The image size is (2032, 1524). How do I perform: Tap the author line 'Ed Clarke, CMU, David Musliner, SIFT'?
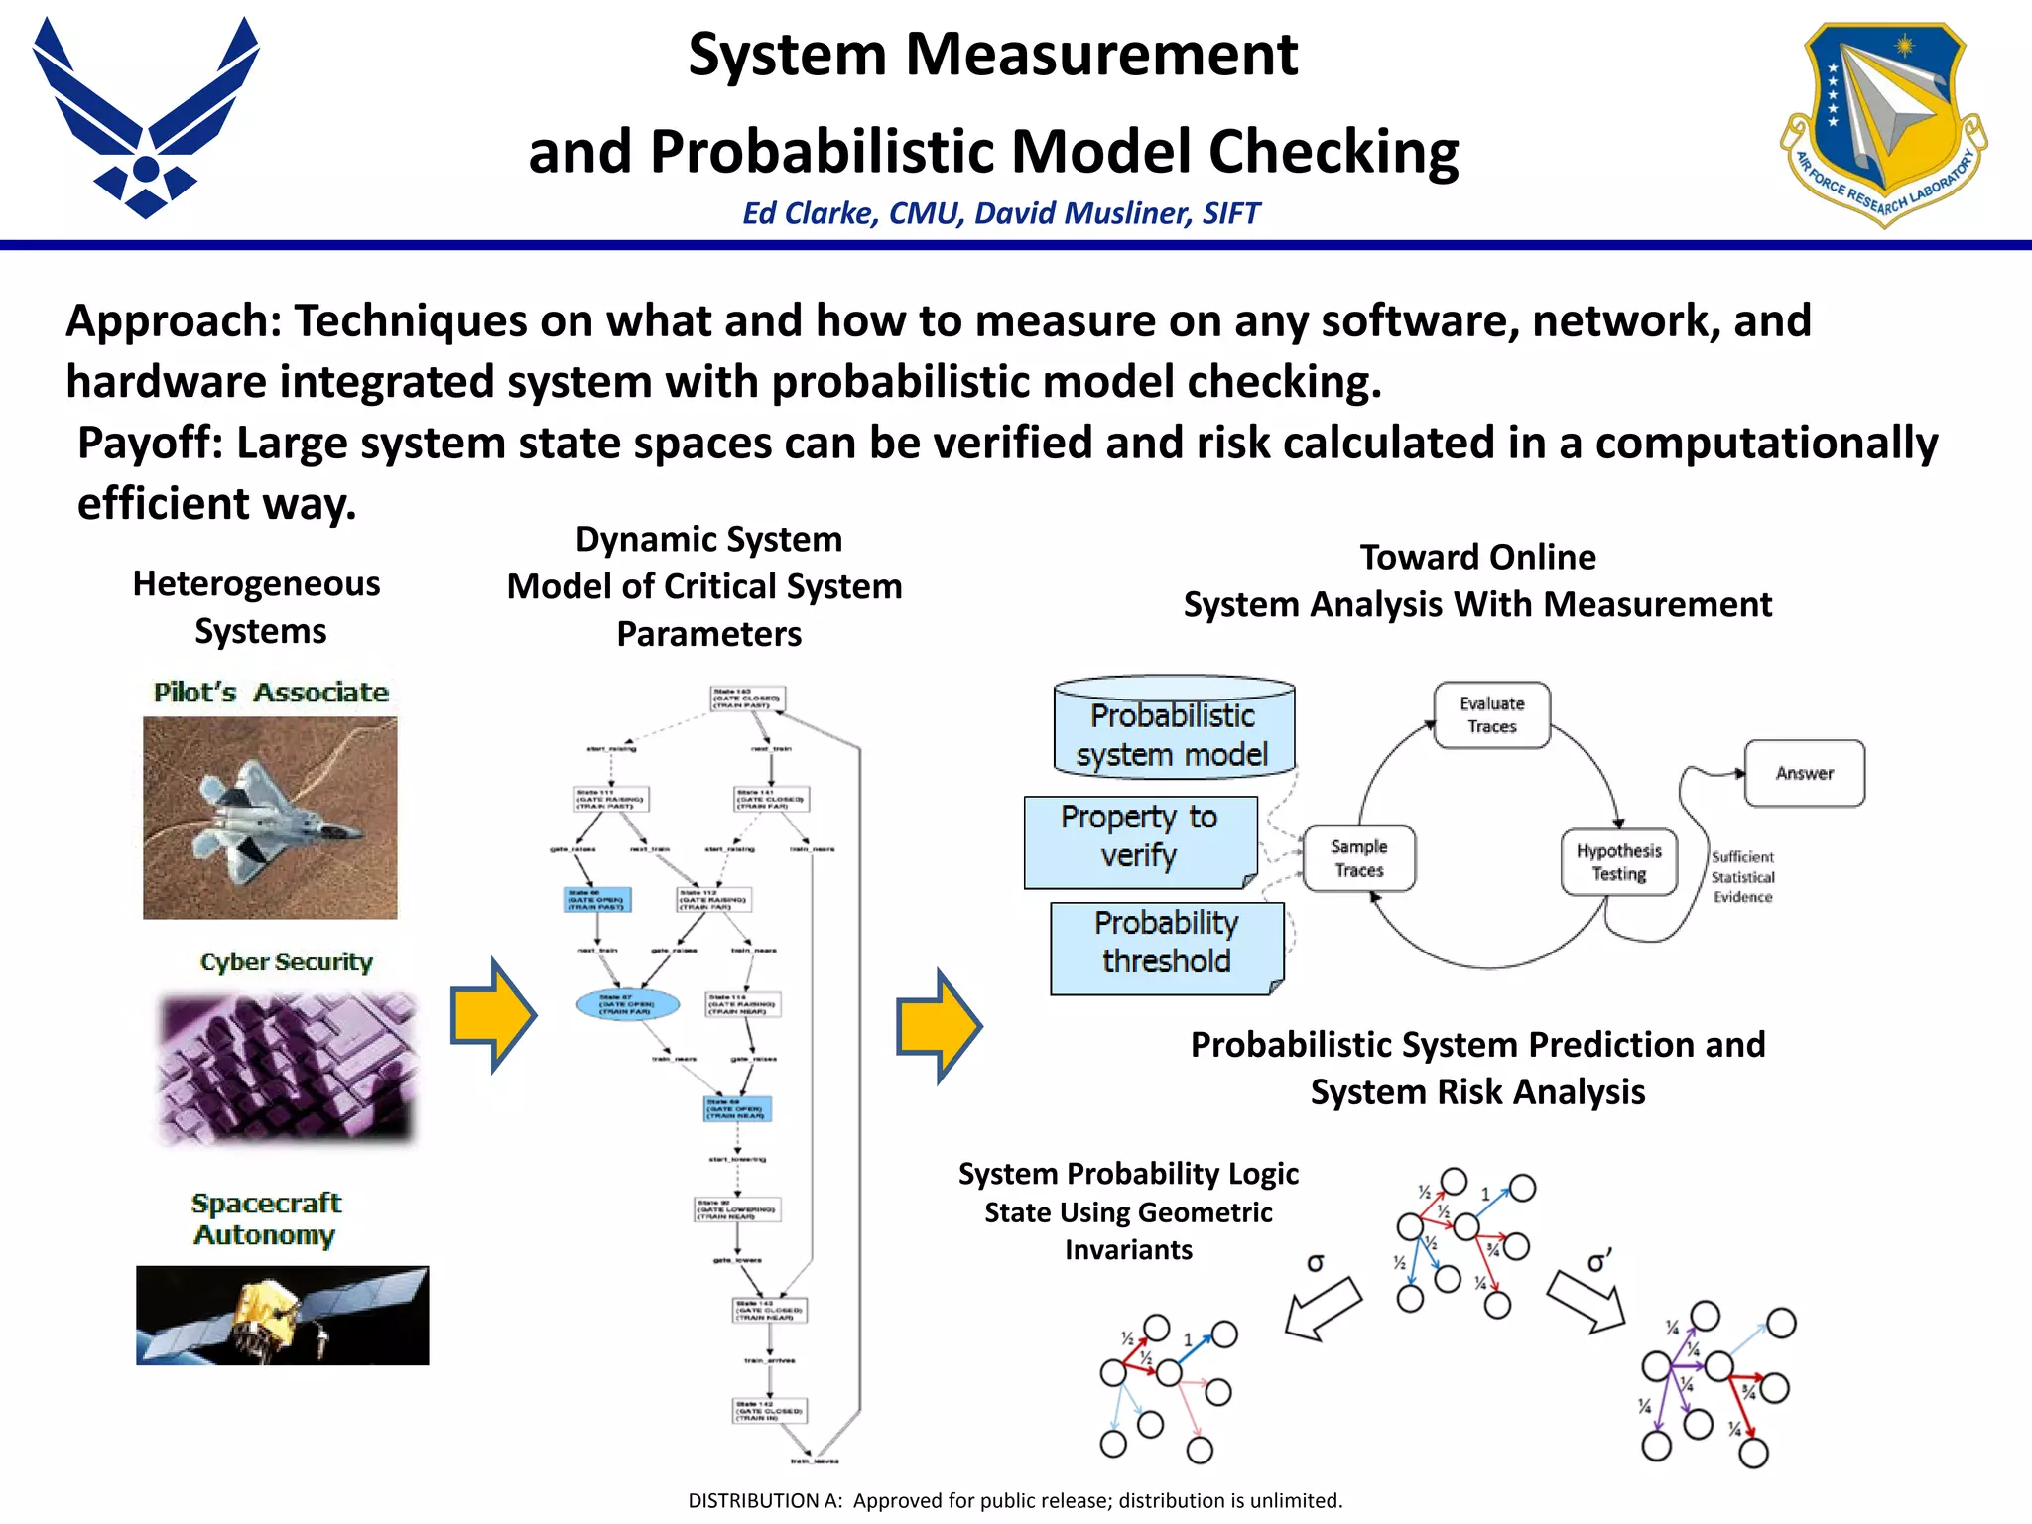click(x=1001, y=213)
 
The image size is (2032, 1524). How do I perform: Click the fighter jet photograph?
click(x=270, y=818)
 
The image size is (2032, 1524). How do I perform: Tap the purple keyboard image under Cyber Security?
click(x=287, y=1068)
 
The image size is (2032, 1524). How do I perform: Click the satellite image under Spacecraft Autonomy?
click(x=283, y=1315)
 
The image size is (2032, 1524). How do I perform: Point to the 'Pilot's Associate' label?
click(x=271, y=692)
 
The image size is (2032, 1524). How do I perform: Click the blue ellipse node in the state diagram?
click(x=628, y=1004)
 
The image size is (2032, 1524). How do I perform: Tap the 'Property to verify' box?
click(x=1140, y=838)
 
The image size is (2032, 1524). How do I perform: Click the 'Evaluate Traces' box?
click(x=1491, y=715)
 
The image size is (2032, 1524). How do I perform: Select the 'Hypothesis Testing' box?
click(x=1618, y=862)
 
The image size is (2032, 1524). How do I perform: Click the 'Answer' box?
click(x=1804, y=773)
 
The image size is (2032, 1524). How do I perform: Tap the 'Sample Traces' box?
click(x=1358, y=858)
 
